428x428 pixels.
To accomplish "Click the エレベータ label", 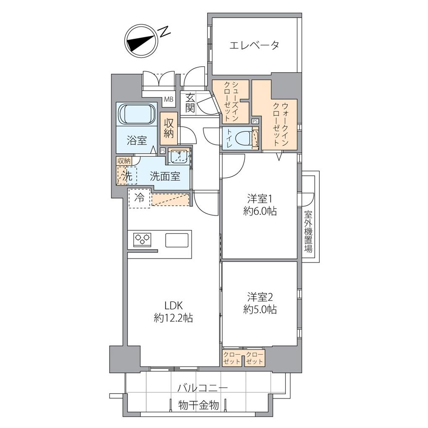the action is click(254, 45).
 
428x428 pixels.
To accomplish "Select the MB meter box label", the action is click(169, 99).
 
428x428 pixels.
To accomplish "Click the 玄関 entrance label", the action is click(190, 103).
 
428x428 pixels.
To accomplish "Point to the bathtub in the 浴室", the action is click(136, 115).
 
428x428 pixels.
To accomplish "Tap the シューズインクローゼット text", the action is click(231, 102).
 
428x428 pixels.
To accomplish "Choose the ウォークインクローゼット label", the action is click(281, 125).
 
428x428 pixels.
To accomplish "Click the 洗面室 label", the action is click(165, 177).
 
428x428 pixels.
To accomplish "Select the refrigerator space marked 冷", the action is click(139, 198).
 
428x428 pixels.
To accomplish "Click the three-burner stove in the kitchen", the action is click(142, 239).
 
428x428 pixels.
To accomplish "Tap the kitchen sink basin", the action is click(177, 240).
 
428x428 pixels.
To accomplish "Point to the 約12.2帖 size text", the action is click(173, 318).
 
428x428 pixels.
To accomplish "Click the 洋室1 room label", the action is click(260, 199).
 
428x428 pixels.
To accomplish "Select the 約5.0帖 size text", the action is click(260, 309).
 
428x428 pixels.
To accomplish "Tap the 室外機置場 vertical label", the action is click(308, 232).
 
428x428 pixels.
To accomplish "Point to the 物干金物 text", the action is click(198, 405).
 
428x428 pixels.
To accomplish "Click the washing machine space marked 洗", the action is click(127, 176).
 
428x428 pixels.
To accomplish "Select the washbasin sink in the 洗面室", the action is click(178, 157).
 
